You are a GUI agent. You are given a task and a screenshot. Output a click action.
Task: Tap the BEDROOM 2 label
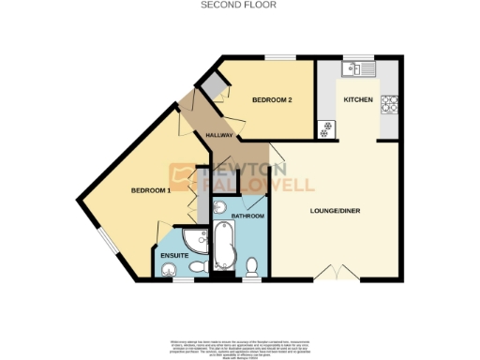click(x=273, y=99)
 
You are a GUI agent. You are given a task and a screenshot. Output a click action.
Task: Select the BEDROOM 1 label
click(x=150, y=191)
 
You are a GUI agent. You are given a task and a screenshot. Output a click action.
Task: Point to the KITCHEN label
click(x=358, y=99)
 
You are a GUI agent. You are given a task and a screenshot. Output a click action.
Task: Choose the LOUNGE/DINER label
click(x=336, y=210)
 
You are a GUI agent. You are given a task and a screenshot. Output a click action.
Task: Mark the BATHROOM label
click(x=247, y=216)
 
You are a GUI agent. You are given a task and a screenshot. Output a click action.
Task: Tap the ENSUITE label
click(x=174, y=255)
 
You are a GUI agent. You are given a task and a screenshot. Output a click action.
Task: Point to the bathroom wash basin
click(x=220, y=205)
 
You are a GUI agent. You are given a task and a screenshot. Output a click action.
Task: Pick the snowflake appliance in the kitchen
click(x=327, y=130)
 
